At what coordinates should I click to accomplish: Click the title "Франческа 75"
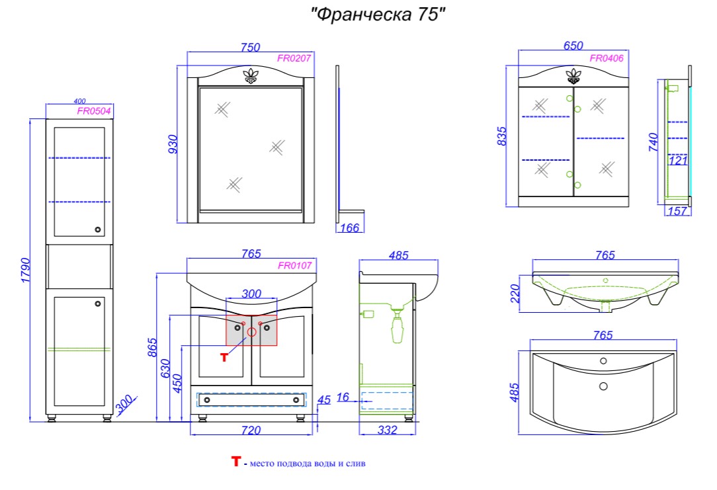(x=378, y=15)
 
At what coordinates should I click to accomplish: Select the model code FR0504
(x=94, y=111)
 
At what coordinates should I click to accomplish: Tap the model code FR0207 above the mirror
(x=294, y=58)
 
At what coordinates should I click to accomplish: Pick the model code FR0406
(x=607, y=58)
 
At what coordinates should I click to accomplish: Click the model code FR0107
(x=295, y=265)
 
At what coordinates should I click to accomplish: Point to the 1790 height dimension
(x=26, y=270)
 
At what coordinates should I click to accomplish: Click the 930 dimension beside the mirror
(x=173, y=144)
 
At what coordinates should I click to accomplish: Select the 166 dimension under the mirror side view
(x=350, y=227)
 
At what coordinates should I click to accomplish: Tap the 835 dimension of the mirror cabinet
(x=501, y=136)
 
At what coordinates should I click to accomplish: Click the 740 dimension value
(x=654, y=142)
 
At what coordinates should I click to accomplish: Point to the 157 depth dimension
(x=677, y=211)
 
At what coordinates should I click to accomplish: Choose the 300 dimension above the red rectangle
(x=251, y=294)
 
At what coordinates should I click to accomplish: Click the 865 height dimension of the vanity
(x=152, y=347)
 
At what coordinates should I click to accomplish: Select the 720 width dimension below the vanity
(x=251, y=430)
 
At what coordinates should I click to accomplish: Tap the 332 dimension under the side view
(x=387, y=430)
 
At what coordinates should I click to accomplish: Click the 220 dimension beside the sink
(x=515, y=294)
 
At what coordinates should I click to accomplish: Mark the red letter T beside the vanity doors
(x=224, y=358)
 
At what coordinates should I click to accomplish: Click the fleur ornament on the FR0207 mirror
(x=251, y=76)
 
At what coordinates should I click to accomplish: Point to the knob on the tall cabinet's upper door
(x=97, y=229)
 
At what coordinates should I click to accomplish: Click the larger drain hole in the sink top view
(x=603, y=386)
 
